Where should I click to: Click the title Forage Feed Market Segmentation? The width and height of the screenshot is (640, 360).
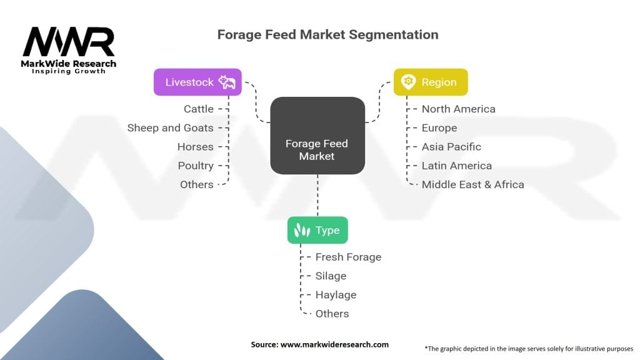327,34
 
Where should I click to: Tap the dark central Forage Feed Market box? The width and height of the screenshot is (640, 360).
317,136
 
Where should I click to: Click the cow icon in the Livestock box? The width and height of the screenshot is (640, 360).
227,82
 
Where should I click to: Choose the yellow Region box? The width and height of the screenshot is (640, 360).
430,82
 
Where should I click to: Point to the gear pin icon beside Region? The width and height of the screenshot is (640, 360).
407,82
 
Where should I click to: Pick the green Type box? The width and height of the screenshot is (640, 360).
317,230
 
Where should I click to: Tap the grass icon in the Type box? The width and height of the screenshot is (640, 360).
302,230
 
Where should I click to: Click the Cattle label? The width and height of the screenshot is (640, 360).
199,109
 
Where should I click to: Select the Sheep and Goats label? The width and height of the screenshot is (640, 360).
170,127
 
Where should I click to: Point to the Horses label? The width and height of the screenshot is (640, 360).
195,147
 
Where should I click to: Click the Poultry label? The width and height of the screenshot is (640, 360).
196,166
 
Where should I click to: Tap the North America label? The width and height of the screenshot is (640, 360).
458,109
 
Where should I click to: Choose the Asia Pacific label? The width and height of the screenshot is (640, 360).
451,147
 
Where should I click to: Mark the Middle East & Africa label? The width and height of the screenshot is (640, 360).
472,184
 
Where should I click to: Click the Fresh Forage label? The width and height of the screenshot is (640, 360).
348,257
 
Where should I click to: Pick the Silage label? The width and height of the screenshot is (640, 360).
331,276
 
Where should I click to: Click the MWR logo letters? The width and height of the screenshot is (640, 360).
69,42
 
